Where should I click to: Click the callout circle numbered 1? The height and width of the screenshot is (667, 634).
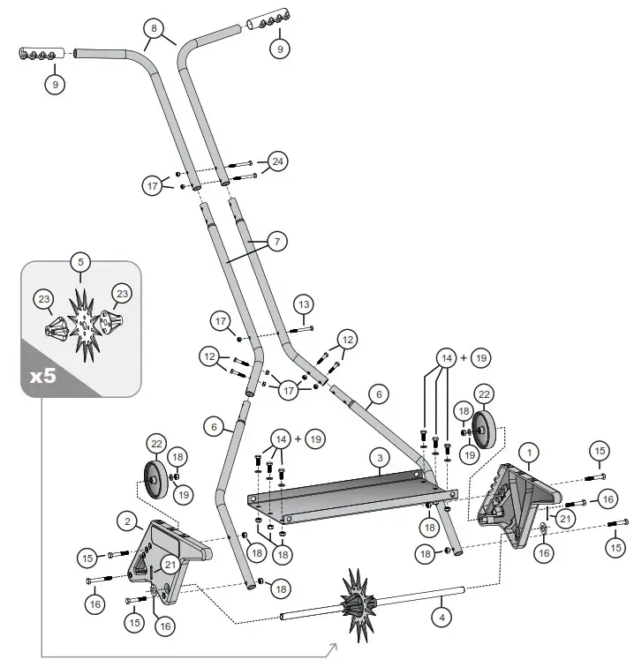pyautogui.click(x=529, y=453)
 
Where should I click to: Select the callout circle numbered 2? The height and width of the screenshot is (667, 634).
pyautogui.click(x=128, y=521)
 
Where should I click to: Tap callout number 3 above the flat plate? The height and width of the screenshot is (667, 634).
pyautogui.click(x=380, y=458)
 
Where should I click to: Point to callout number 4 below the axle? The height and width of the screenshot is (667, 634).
pyautogui.click(x=442, y=618)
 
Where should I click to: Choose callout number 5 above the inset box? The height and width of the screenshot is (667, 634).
pyautogui.click(x=81, y=262)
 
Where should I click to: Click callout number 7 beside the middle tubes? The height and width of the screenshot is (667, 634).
pyautogui.click(x=277, y=242)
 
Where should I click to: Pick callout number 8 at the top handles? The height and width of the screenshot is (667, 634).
pyautogui.click(x=154, y=28)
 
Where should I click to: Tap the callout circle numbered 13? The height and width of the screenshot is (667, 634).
pyautogui.click(x=304, y=304)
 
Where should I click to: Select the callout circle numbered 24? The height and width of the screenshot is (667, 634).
pyautogui.click(x=277, y=161)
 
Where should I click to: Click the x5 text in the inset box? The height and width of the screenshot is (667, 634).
pyautogui.click(x=42, y=376)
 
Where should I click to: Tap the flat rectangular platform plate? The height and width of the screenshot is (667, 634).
pyautogui.click(x=352, y=496)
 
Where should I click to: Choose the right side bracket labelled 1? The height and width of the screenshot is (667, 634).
pyautogui.click(x=517, y=506)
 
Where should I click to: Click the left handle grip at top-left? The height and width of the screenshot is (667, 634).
pyautogui.click(x=42, y=54)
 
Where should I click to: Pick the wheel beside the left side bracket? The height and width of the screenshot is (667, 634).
pyautogui.click(x=154, y=479)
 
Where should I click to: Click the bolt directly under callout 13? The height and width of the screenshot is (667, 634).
pyautogui.click(x=303, y=329)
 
